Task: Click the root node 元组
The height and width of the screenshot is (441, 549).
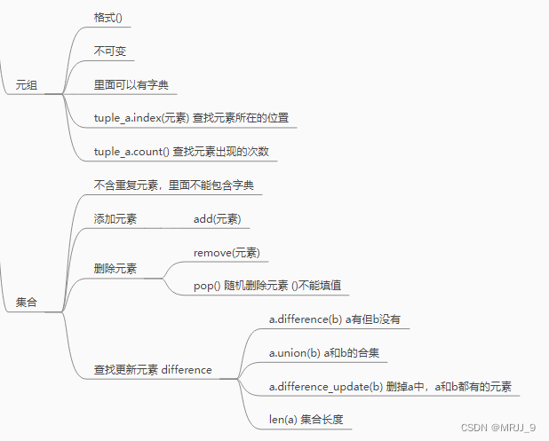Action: click(27, 86)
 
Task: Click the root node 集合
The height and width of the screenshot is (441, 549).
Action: click(27, 303)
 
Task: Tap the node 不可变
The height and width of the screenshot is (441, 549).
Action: click(110, 51)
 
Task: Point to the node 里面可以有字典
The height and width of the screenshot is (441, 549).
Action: click(131, 86)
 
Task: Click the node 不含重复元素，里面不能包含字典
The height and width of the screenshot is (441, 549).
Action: click(177, 185)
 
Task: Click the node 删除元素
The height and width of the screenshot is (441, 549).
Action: click(115, 269)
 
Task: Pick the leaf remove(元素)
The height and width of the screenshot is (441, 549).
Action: click(227, 253)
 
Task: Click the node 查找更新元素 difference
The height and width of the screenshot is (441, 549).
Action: click(153, 370)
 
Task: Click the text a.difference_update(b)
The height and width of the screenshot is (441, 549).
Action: click(326, 387)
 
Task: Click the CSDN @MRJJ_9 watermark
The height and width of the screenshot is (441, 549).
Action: click(498, 428)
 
